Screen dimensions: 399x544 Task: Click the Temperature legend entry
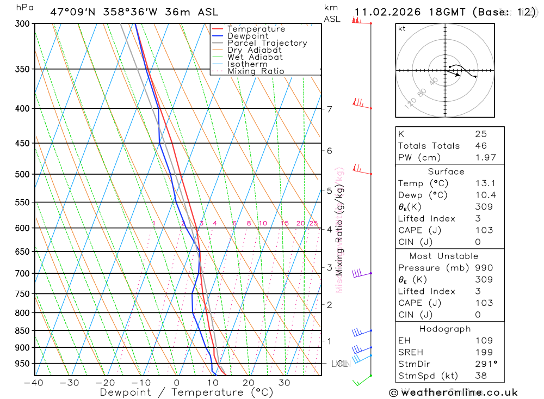click(x=256, y=29)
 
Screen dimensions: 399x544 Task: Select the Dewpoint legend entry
click(x=248, y=36)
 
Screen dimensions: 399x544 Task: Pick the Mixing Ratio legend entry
click(x=256, y=71)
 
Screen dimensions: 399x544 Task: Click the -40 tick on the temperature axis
click(x=34, y=383)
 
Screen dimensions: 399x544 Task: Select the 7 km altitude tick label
click(x=330, y=109)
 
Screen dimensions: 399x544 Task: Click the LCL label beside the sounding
click(x=339, y=364)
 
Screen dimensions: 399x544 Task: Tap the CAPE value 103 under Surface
click(x=484, y=230)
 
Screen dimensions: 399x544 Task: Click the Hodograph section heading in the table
click(x=446, y=329)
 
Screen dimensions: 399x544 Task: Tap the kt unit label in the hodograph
click(x=402, y=28)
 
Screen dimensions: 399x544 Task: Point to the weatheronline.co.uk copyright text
click(x=453, y=392)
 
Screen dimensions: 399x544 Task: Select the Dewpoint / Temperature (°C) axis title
click(x=187, y=392)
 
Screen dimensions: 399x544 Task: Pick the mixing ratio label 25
click(x=313, y=223)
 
